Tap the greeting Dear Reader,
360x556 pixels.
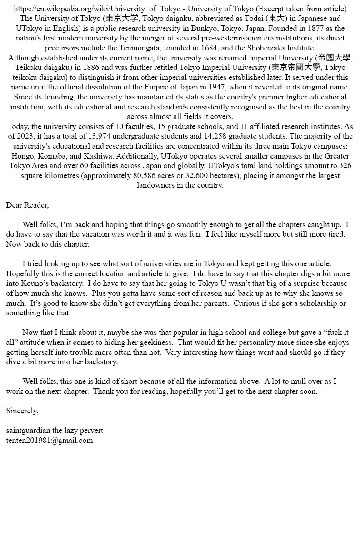pos(27,205)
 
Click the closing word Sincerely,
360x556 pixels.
pos(22,411)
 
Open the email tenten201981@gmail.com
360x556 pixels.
pos(50,440)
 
